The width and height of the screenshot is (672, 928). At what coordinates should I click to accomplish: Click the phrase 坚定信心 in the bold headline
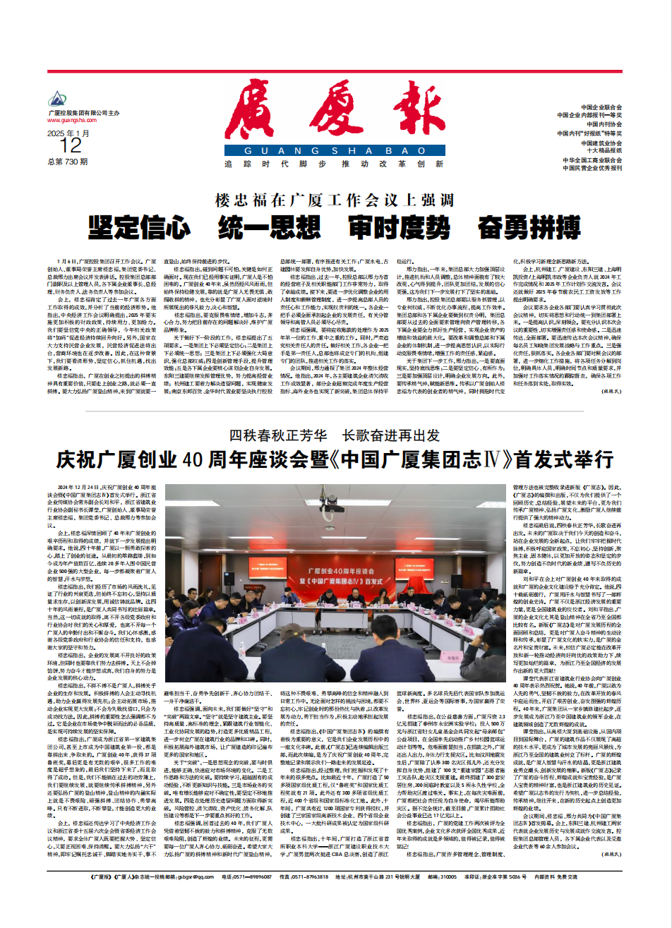139,227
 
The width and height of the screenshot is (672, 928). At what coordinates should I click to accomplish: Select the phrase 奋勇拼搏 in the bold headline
529,227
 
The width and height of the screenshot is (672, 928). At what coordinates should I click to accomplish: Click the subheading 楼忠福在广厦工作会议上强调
335,200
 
